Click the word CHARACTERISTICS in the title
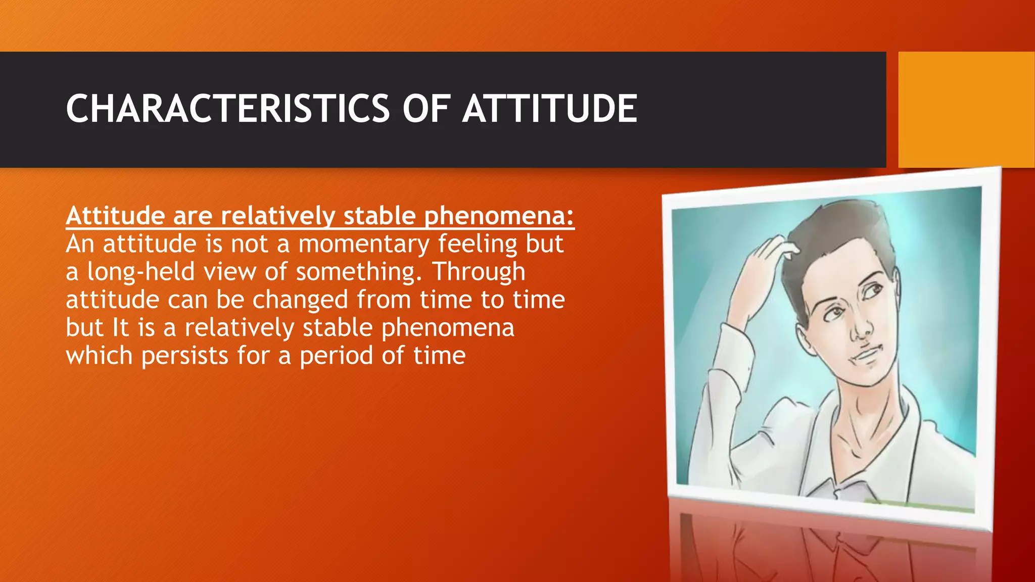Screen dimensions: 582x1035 [227, 109]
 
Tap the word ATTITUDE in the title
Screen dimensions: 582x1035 [550, 109]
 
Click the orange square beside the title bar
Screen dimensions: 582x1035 [966, 109]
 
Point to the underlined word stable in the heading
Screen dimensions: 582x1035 [380, 216]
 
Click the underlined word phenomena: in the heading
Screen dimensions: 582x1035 [499, 216]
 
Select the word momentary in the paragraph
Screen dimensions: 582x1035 [363, 244]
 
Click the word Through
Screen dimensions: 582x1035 [478, 272]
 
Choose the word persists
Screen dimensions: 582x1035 [185, 356]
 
